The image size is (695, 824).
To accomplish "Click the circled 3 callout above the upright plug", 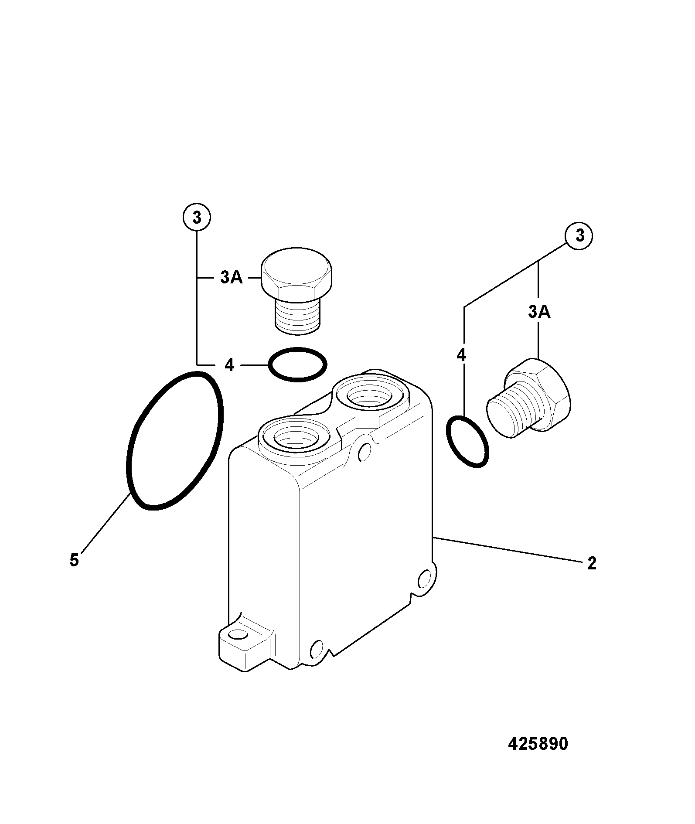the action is tap(197, 217).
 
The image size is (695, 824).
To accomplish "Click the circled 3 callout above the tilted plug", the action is tap(579, 236).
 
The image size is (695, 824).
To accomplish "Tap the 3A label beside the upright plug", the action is tap(231, 277).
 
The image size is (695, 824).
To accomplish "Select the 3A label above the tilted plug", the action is tap(539, 312).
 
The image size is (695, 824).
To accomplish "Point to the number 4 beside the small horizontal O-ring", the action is tap(229, 365).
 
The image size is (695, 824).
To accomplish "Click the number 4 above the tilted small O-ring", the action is tap(461, 355).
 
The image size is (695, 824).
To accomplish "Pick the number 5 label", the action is tap(74, 560).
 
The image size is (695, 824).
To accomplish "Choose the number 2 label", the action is tap(592, 564).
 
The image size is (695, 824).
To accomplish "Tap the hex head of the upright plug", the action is tap(297, 274).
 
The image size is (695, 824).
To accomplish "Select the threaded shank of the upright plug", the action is tap(296, 317).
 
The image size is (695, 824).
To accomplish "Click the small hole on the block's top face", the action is tap(364, 453).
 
